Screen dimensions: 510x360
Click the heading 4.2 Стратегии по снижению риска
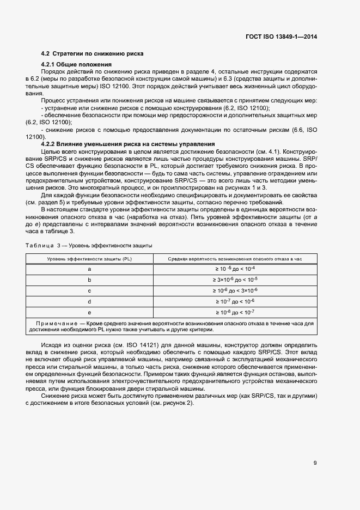tap(93, 54)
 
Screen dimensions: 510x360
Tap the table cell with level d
tap(89, 301)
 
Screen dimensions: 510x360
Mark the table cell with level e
tap(89, 312)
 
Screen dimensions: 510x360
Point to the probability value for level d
tap(235, 301)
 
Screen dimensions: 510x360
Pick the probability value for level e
tap(235, 312)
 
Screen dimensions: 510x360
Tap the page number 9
tap(315, 463)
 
